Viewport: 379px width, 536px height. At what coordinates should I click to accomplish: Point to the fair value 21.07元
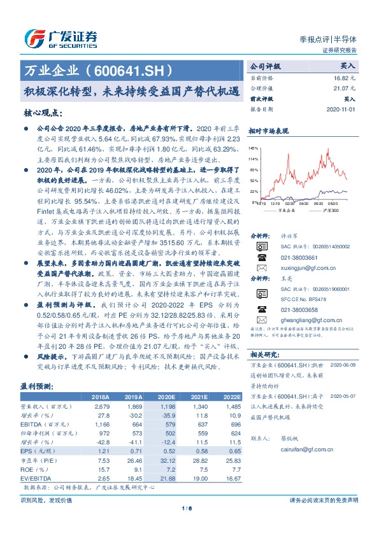(342, 89)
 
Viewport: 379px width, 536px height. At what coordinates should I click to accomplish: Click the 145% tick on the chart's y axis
(254, 148)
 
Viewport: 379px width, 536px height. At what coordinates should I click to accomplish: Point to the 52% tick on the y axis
(254, 181)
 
